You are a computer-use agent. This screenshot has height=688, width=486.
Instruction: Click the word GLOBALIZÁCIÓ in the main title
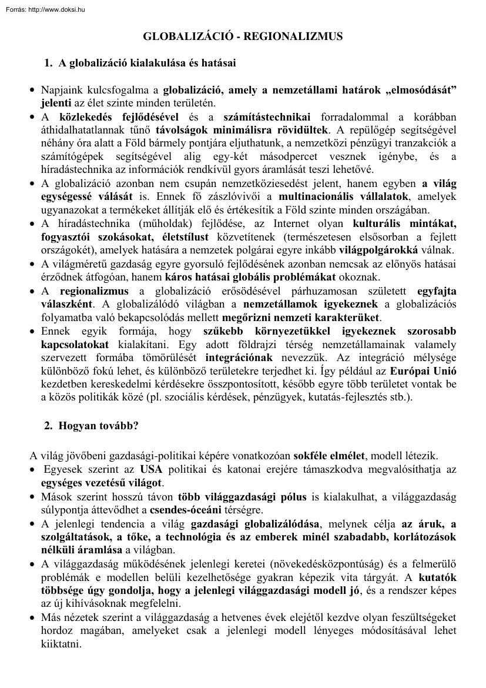click(182, 36)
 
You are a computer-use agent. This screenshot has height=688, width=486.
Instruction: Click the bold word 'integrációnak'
click(237, 358)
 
